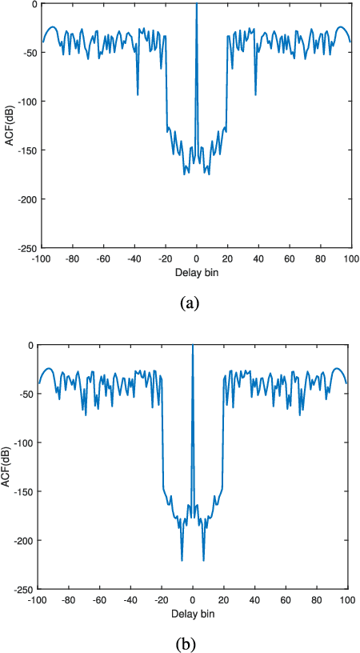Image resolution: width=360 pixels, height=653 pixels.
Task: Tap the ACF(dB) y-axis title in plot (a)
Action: click(x=7, y=126)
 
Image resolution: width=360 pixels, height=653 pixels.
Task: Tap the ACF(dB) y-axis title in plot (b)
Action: click(x=7, y=467)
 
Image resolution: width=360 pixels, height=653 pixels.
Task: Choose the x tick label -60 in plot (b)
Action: click(x=98, y=599)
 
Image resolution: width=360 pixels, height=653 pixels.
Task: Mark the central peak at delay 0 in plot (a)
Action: click(x=197, y=5)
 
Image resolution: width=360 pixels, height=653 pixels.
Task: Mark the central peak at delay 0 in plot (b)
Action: click(x=192, y=347)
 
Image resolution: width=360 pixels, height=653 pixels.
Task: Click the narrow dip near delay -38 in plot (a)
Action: click(x=138, y=94)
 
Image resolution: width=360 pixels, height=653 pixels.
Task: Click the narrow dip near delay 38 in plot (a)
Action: click(x=255, y=94)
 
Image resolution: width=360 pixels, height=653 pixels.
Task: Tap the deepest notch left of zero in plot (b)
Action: click(x=182, y=559)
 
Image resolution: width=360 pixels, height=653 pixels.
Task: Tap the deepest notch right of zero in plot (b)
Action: click(x=203, y=559)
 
